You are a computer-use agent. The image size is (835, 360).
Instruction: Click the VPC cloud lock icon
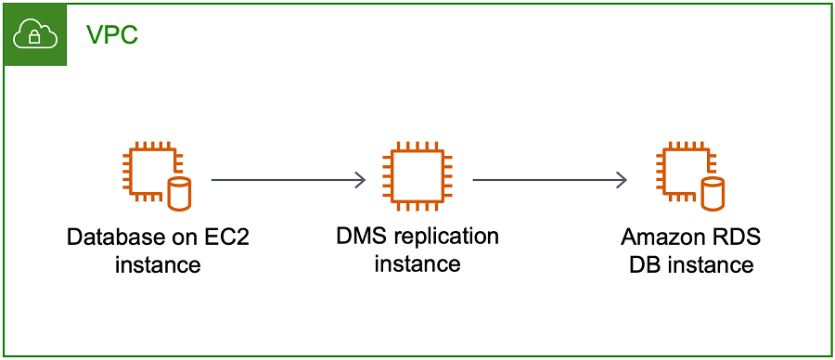point(33,35)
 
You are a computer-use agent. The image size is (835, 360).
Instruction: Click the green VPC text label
point(113,35)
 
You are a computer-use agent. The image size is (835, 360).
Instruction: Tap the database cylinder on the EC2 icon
point(179,194)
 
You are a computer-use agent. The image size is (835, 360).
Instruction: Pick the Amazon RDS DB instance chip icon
point(684,171)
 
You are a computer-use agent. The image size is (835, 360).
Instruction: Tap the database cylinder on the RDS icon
point(712,194)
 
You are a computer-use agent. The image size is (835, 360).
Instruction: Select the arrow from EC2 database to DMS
point(288,180)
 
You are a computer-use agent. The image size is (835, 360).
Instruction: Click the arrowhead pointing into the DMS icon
point(360,180)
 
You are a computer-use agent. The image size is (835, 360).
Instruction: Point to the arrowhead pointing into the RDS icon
point(622,180)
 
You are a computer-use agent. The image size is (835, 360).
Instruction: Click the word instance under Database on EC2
point(158,264)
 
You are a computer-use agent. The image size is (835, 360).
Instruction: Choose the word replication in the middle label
point(445,237)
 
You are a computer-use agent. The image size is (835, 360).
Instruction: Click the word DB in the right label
point(645,264)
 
